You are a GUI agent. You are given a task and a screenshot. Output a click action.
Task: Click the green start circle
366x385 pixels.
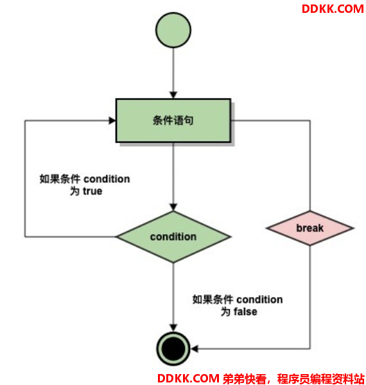click(173, 30)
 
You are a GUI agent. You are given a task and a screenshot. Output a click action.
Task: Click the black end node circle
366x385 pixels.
click(173, 348)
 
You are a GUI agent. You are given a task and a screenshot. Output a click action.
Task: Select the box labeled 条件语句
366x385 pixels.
click(173, 121)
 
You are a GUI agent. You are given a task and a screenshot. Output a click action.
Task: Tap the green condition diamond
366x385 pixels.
click(173, 237)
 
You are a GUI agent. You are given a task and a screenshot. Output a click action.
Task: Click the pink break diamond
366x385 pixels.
click(309, 228)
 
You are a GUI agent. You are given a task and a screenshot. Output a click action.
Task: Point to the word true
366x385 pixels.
click(92, 191)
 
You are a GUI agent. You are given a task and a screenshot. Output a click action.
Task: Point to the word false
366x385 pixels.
click(245, 312)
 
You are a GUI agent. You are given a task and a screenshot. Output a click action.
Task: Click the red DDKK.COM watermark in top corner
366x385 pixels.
click(333, 9)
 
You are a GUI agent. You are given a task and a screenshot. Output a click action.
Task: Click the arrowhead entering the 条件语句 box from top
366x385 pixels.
click(173, 95)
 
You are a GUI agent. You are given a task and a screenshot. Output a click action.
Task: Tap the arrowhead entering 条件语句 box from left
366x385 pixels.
click(112, 121)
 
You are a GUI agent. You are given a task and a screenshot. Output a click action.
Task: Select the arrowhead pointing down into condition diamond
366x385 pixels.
click(173, 207)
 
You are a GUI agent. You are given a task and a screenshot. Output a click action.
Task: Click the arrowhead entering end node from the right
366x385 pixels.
click(195, 348)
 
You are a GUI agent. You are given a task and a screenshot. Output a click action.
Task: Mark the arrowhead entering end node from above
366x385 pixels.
click(173, 328)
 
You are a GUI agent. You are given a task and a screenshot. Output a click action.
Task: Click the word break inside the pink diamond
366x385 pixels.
click(309, 228)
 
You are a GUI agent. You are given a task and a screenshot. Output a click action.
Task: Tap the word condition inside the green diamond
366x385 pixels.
click(173, 237)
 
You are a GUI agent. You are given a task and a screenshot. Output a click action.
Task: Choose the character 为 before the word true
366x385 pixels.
click(74, 191)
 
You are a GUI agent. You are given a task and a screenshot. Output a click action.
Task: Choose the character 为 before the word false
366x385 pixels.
click(225, 312)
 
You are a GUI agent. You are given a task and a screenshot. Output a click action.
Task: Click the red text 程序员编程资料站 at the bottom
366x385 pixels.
click(320, 379)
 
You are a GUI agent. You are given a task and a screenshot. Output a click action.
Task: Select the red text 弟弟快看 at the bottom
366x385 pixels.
click(244, 379)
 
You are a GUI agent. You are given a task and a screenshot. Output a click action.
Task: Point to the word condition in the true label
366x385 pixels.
click(107, 179)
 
